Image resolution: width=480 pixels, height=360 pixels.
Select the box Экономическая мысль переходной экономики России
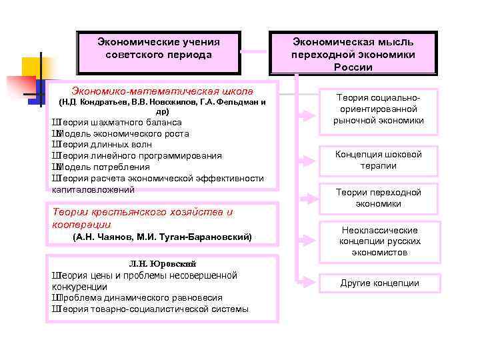(x=353, y=52)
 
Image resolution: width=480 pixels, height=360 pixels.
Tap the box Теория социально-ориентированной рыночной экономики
(x=378, y=109)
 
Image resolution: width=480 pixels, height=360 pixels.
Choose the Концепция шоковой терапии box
(x=378, y=160)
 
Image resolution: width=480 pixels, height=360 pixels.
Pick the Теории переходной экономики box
(x=378, y=197)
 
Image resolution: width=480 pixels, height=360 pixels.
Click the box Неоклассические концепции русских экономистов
(x=378, y=241)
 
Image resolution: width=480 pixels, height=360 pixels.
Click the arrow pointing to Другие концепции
(x=305, y=283)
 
